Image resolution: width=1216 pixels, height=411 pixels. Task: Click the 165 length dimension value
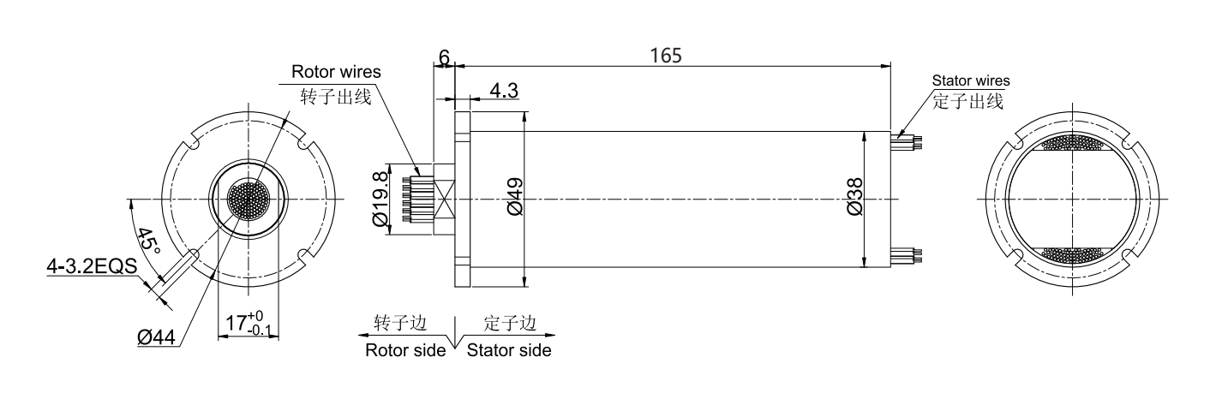[x=666, y=56]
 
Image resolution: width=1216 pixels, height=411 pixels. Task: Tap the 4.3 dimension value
[x=503, y=90]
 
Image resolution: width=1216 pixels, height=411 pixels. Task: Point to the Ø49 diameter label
[x=515, y=197]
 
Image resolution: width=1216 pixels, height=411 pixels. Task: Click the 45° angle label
[x=147, y=241]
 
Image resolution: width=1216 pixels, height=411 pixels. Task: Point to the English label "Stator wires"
[x=971, y=80]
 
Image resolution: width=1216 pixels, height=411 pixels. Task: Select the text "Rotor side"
[x=405, y=350]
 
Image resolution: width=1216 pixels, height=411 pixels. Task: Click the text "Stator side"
[x=509, y=350]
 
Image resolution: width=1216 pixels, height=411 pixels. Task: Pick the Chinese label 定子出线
[x=967, y=101]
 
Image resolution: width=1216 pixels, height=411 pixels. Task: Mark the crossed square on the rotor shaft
[x=446, y=200]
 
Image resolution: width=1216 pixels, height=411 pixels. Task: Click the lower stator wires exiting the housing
[x=907, y=254]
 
